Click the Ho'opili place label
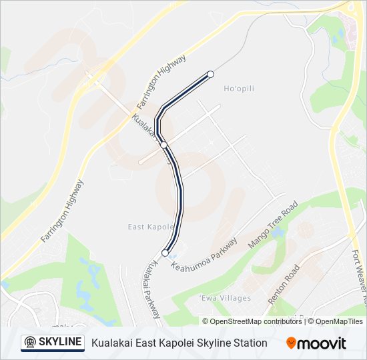239,89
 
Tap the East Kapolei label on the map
146,227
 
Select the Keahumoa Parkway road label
204,255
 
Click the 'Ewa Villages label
226,298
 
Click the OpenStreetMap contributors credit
256,321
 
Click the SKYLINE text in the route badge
60,343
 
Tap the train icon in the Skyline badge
29,343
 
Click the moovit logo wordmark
322,343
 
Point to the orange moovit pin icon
291,343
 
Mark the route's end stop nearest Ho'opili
210,74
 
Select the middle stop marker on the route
163,144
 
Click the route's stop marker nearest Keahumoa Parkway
165,253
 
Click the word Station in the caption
248,343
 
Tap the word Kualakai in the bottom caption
111,343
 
